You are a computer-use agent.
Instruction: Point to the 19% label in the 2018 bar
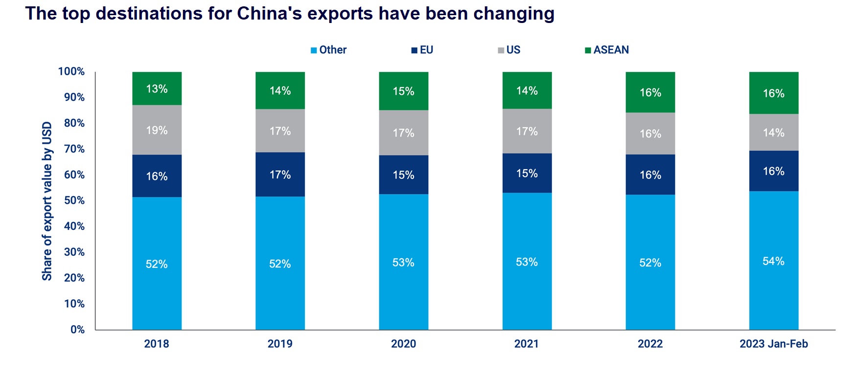[157, 131]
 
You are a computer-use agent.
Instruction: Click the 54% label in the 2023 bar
[773, 261]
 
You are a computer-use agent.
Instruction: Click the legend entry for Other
[328, 50]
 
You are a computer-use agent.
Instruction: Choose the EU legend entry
[422, 50]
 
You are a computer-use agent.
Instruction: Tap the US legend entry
[509, 50]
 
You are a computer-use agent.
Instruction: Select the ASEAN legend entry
[607, 50]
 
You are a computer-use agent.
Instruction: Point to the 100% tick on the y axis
[71, 71]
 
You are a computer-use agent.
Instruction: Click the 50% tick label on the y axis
[74, 200]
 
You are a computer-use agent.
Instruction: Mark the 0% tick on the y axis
[77, 330]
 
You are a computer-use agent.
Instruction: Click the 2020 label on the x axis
[403, 344]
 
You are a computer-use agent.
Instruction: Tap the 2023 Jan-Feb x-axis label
[773, 344]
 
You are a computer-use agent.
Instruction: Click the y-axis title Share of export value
[47, 201]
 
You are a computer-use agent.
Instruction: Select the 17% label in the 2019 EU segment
[280, 175]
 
